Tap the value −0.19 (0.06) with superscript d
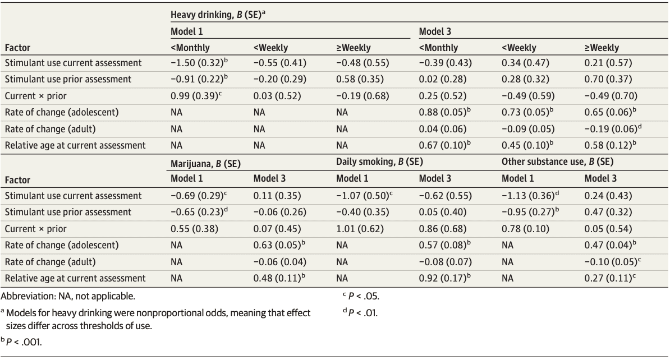610,129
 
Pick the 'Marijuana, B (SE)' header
206,163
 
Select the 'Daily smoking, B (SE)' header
379,163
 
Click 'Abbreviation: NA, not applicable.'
68,296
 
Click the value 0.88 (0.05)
443,112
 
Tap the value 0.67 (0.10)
443,145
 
